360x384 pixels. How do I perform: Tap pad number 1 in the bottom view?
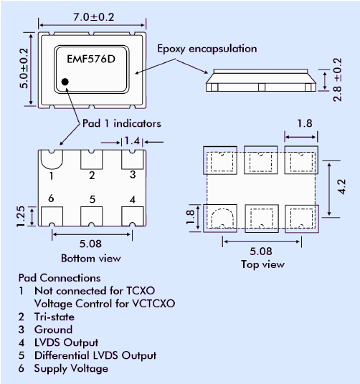(52, 174)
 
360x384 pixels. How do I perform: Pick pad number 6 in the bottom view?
(51, 198)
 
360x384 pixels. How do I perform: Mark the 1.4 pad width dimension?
(131, 142)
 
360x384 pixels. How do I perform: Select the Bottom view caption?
(90, 258)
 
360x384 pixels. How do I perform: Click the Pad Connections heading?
(60, 277)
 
